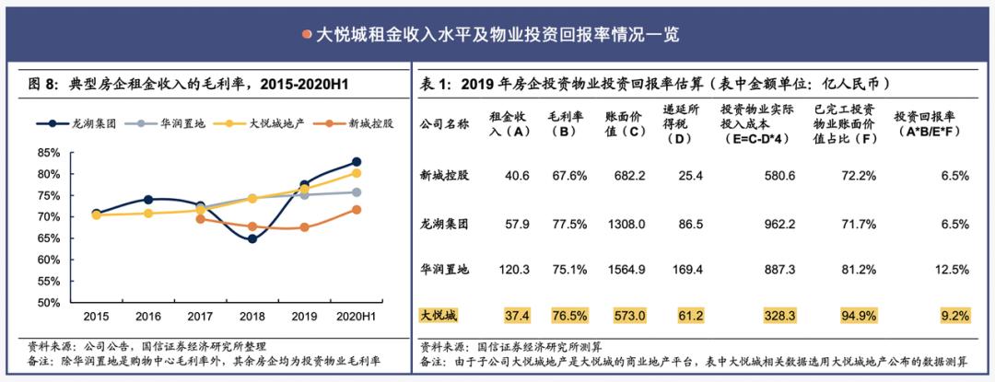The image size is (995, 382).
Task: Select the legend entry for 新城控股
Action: coord(346,123)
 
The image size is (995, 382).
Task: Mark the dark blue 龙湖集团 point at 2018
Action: coord(252,238)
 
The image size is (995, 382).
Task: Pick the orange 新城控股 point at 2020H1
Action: coord(356,210)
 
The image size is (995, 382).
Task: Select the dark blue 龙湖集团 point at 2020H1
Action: coord(356,162)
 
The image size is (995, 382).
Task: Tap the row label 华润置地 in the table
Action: coord(445,269)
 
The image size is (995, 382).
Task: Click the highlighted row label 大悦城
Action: coord(439,316)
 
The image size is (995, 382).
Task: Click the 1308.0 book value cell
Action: coord(626,222)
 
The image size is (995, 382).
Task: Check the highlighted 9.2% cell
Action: coord(954,316)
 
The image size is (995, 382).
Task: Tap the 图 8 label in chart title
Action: coord(42,84)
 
